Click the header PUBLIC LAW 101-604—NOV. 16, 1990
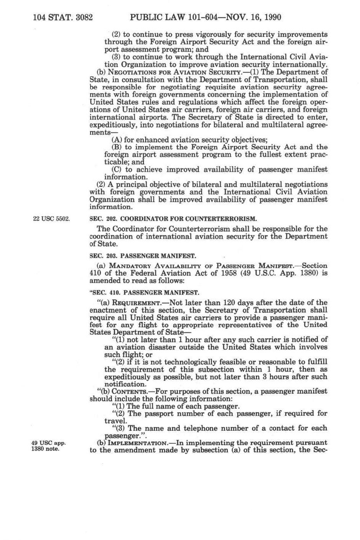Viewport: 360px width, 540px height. pyautogui.click(x=206, y=17)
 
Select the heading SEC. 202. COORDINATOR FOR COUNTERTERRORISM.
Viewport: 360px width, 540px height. pyautogui.click(x=173, y=219)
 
